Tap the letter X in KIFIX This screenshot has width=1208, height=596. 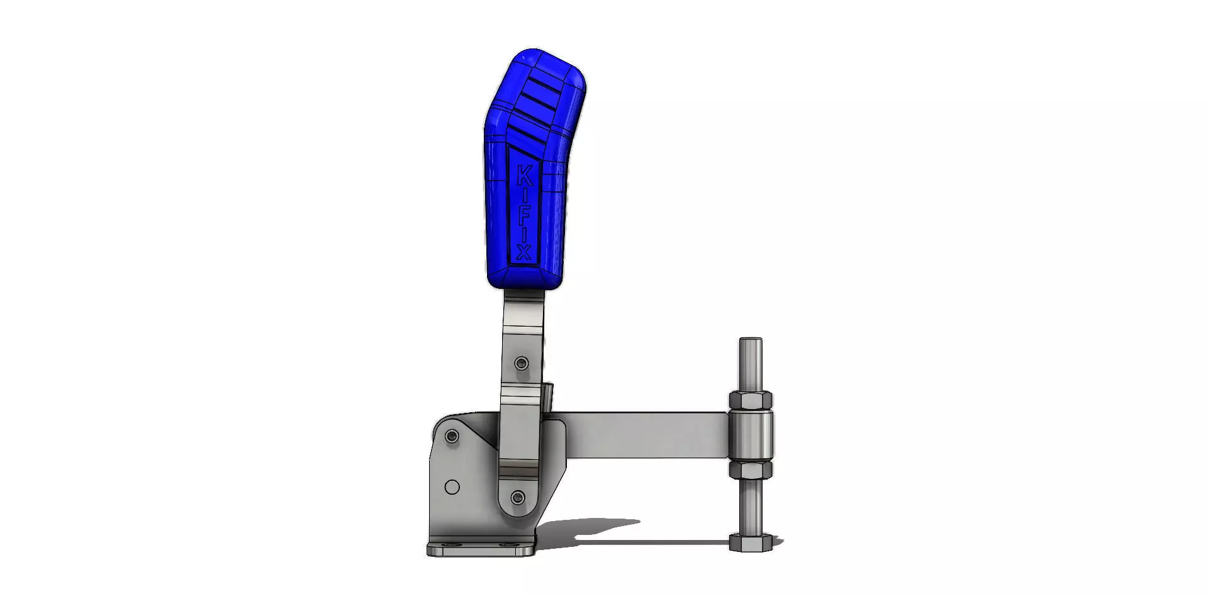[x=523, y=252]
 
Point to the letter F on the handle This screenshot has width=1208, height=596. [x=524, y=215]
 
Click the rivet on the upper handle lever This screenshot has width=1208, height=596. [x=522, y=363]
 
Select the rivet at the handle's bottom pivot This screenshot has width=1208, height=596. [x=518, y=498]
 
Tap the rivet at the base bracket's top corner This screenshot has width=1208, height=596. [x=451, y=436]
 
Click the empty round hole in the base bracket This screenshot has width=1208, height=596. [x=452, y=487]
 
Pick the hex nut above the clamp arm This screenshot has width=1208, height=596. [x=751, y=400]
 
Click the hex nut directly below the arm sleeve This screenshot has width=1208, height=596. [x=751, y=469]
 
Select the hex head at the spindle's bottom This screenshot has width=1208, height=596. [x=751, y=542]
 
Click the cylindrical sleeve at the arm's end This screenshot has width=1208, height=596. [x=751, y=435]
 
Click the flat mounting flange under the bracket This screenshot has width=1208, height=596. [x=481, y=549]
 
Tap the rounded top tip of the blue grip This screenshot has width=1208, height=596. [x=535, y=53]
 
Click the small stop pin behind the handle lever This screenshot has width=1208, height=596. [x=549, y=396]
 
